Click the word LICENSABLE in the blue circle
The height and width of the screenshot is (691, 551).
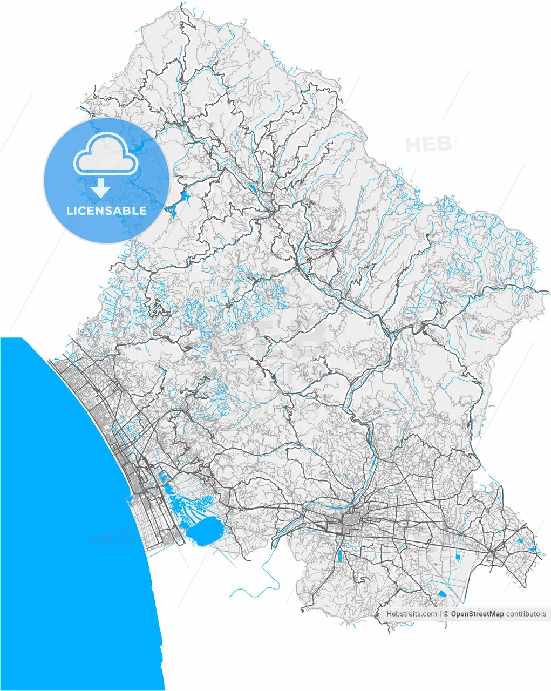coord(106,211)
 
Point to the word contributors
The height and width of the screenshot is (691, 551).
coord(526,614)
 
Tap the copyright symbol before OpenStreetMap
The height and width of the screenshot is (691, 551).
coord(446,614)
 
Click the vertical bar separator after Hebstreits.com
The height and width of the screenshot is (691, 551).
coord(440,614)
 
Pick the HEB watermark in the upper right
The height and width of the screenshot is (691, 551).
coord(428,145)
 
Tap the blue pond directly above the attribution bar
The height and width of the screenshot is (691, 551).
coord(443,593)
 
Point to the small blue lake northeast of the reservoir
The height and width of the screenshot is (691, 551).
coord(253,189)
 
